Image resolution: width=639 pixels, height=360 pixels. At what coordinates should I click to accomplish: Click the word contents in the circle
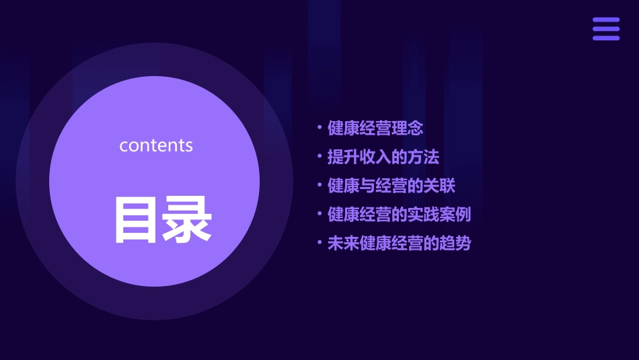[x=156, y=145]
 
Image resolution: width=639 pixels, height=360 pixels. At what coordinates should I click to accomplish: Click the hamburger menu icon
[x=606, y=29]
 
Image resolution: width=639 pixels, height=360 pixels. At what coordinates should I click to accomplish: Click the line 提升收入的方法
[x=383, y=157]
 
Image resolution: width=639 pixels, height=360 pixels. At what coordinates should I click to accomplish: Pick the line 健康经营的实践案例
[x=400, y=215]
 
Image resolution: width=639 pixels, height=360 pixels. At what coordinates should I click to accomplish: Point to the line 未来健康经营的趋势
[x=400, y=244]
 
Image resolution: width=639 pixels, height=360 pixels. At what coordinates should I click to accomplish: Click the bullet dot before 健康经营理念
[x=319, y=127]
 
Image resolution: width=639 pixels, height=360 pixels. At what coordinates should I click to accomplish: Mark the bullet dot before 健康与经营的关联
[x=319, y=185]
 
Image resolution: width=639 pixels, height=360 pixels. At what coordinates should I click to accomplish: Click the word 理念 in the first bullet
[x=408, y=129]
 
